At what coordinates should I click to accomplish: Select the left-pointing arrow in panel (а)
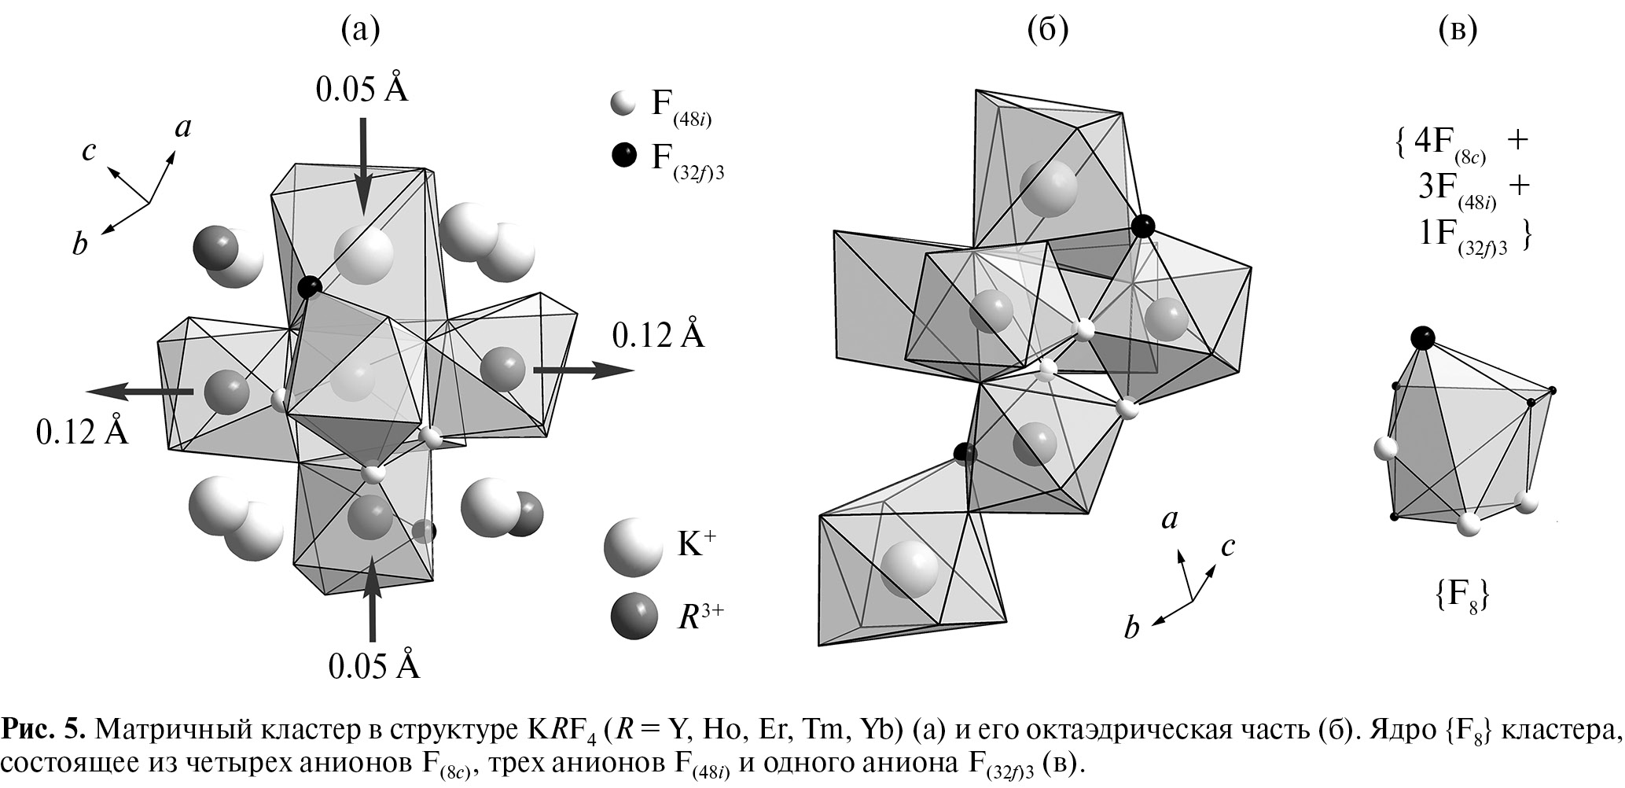pyautogui.click(x=140, y=391)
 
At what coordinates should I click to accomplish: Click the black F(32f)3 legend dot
pyautogui.click(x=623, y=156)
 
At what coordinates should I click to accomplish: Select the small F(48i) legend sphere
pyautogui.click(x=622, y=104)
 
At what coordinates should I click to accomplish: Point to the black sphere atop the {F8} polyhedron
pyautogui.click(x=1422, y=339)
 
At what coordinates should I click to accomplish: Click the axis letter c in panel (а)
pyautogui.click(x=89, y=150)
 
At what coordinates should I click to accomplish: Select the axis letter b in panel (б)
pyautogui.click(x=1132, y=628)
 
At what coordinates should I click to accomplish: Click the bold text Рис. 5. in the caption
pyautogui.click(x=42, y=729)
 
